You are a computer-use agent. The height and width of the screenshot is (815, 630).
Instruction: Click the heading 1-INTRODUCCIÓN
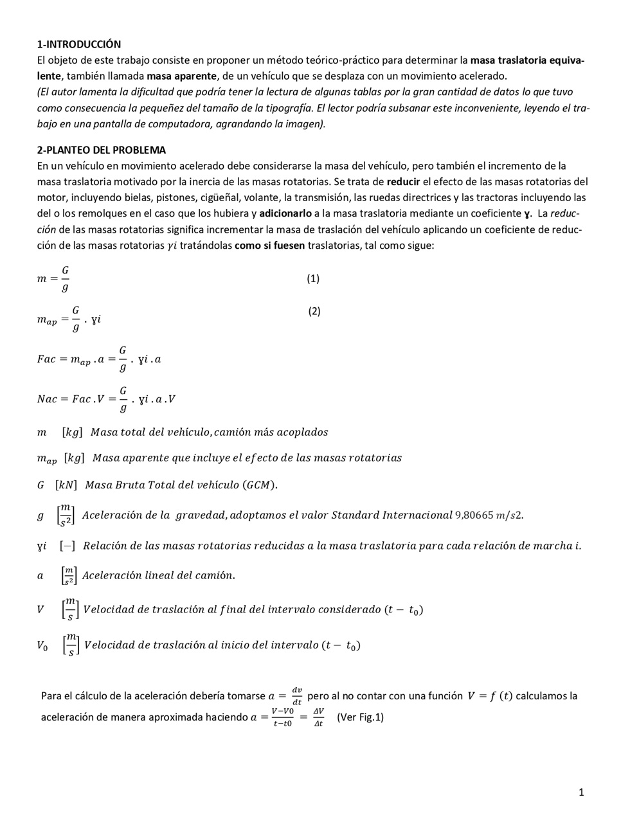(x=78, y=44)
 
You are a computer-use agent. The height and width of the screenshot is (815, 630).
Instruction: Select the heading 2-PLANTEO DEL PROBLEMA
(x=101, y=150)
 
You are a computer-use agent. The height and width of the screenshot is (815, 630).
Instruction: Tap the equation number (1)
(x=313, y=278)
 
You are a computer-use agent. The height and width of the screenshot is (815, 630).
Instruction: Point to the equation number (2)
(x=314, y=311)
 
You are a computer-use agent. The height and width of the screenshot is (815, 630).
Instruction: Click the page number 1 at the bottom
(x=581, y=793)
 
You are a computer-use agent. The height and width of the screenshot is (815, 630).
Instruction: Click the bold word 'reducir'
(x=403, y=181)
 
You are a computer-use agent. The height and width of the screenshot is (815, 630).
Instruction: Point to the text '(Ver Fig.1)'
(x=360, y=717)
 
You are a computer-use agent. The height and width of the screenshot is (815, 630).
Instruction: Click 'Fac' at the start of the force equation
(x=46, y=359)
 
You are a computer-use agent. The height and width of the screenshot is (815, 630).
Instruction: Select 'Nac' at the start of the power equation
(x=47, y=399)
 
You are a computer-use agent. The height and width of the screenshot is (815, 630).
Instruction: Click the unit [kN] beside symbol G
(x=66, y=485)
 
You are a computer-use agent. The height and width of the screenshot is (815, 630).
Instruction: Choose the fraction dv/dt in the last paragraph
(x=297, y=696)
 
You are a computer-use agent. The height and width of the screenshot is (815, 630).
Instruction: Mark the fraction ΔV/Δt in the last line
(x=318, y=717)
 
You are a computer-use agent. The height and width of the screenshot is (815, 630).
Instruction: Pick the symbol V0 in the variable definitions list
(x=42, y=645)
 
